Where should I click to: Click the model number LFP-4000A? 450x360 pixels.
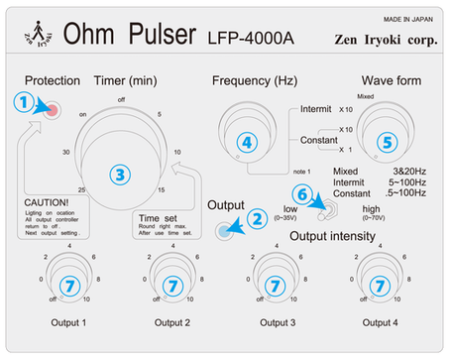(251, 40)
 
